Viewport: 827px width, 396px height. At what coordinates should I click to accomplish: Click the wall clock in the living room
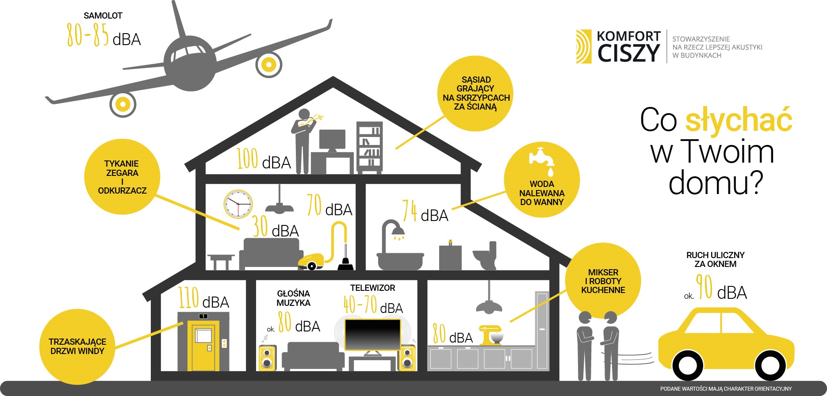(238, 204)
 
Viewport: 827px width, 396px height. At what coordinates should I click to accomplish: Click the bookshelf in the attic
(369, 147)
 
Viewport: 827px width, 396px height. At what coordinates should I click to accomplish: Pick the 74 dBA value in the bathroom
(425, 211)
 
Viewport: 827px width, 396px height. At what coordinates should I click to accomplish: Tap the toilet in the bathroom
(486, 255)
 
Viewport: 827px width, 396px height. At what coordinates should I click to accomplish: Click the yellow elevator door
(203, 346)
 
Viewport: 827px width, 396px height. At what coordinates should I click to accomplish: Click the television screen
(372, 335)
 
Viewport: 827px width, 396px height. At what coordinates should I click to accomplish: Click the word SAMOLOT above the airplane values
(103, 15)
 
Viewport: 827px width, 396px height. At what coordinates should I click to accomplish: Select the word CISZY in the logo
(628, 53)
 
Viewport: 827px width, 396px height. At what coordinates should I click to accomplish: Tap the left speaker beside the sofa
(267, 358)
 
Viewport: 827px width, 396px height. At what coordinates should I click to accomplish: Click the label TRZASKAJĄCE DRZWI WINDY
(77, 346)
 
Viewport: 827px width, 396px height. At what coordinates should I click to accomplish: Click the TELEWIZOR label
(373, 288)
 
